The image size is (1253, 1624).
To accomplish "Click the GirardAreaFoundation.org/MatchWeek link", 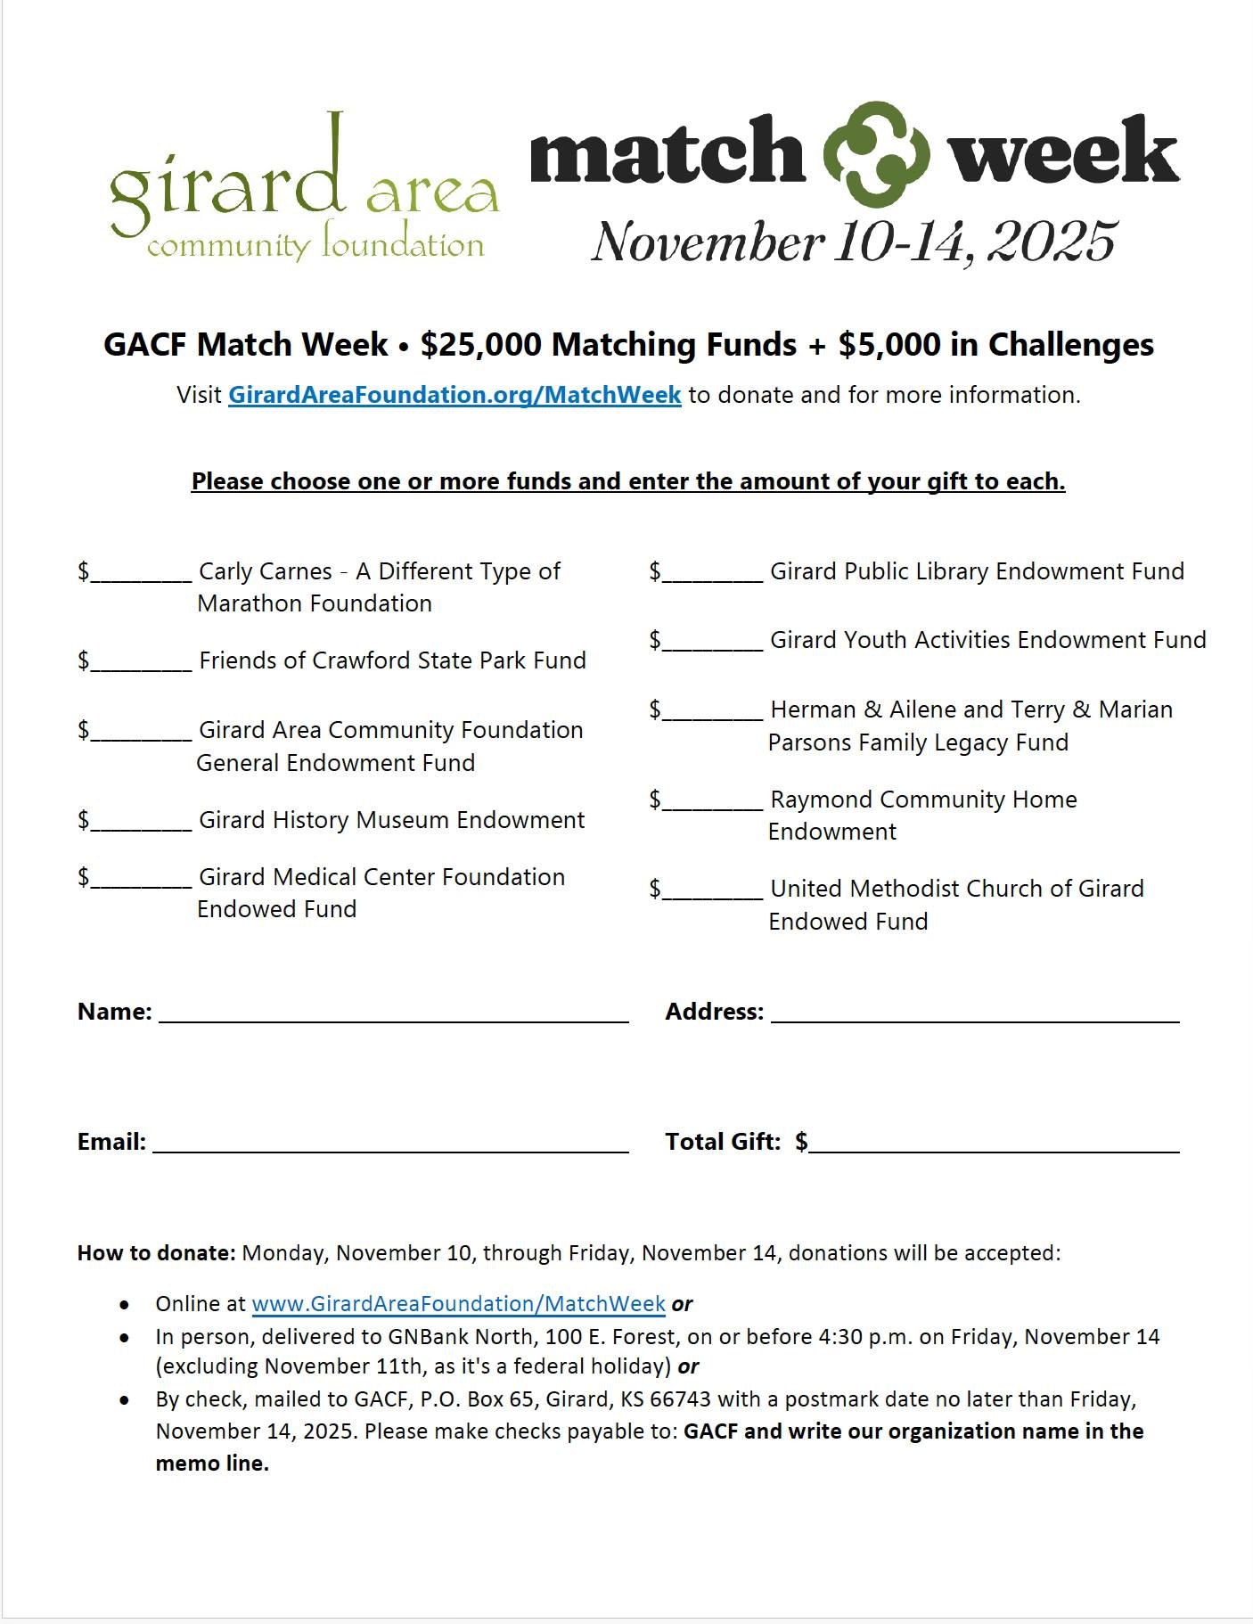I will click(455, 395).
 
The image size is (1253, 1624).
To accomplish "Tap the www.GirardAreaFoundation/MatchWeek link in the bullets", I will click(458, 1303).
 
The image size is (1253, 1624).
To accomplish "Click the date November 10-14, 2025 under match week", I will click(854, 242).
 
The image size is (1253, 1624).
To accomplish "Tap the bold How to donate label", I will click(156, 1252).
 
